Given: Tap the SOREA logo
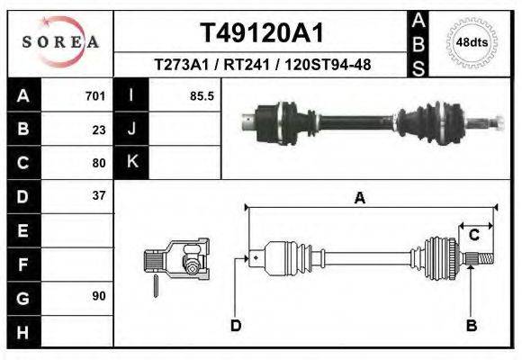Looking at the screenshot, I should click(60, 41).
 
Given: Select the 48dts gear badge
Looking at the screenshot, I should click(472, 41).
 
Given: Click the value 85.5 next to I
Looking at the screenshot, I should click(202, 96).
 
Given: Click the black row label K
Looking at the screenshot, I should click(131, 163).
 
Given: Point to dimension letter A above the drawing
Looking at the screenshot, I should click(359, 199).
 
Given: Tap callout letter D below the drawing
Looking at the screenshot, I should click(236, 325).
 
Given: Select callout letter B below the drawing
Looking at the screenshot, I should click(471, 325).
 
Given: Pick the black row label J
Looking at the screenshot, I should click(131, 130).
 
